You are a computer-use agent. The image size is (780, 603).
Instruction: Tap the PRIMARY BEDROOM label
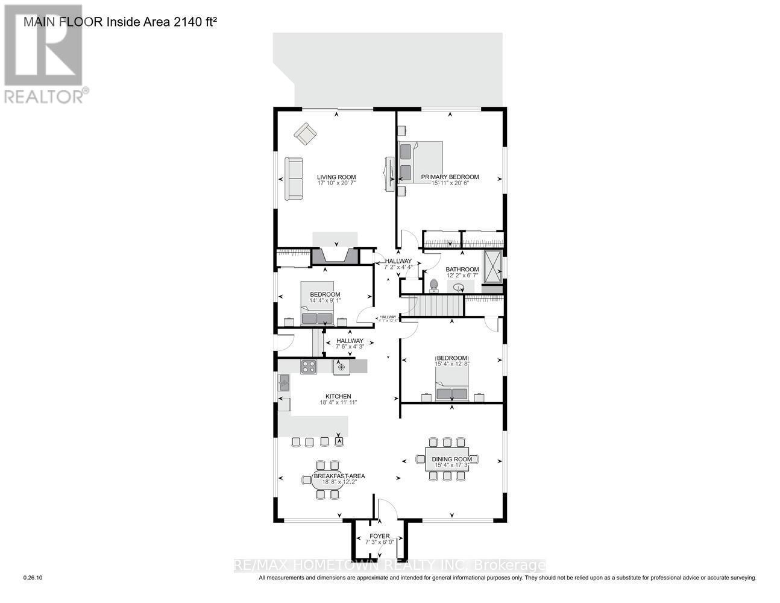tap(450, 177)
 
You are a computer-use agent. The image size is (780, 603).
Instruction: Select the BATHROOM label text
tap(462, 270)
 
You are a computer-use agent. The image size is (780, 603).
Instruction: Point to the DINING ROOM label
tap(451, 459)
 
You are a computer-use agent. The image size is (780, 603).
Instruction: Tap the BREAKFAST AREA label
tap(338, 476)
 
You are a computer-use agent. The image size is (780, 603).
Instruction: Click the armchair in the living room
tap(306, 133)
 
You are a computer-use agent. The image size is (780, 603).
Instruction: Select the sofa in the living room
tap(294, 179)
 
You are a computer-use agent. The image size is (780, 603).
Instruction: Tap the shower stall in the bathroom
tap(492, 266)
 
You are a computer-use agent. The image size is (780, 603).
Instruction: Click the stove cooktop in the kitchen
tap(309, 367)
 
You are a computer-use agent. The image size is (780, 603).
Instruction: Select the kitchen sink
tap(283, 382)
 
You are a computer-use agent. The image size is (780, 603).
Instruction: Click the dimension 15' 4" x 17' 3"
tap(451, 466)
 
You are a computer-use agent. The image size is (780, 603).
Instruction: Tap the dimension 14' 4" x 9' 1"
tap(326, 300)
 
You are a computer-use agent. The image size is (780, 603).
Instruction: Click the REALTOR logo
tap(43, 54)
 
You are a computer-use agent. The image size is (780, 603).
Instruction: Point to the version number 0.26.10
tap(33, 578)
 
